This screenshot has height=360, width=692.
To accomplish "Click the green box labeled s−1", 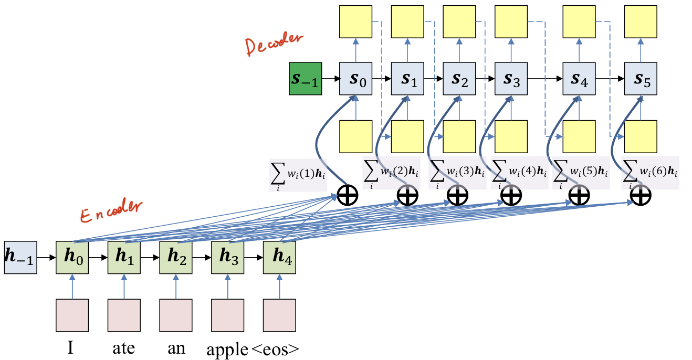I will pyautogui.click(x=306, y=79).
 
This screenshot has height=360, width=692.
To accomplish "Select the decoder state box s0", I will pyautogui.click(x=356, y=79).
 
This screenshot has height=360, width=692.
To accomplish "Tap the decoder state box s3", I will pyautogui.click(x=511, y=79).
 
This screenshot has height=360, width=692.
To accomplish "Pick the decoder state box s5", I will pyautogui.click(x=641, y=79).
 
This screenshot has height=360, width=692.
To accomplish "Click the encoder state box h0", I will pyautogui.click(x=72, y=258).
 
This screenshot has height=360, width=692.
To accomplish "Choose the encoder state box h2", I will pyautogui.click(x=175, y=258).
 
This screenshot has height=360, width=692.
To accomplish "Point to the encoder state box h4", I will pyautogui.click(x=279, y=258).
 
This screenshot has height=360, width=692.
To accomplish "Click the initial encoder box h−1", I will pyautogui.click(x=20, y=258).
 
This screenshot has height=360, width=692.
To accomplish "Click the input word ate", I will pyautogui.click(x=124, y=348).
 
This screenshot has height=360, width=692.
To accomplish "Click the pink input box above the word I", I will pyautogui.click(x=72, y=315).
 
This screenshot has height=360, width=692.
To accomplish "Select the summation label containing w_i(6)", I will pyautogui.click(x=650, y=172).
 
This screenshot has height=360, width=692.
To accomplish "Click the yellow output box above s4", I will pyautogui.click(x=579, y=21).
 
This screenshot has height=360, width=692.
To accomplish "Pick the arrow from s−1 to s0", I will pyautogui.click(x=331, y=79).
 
